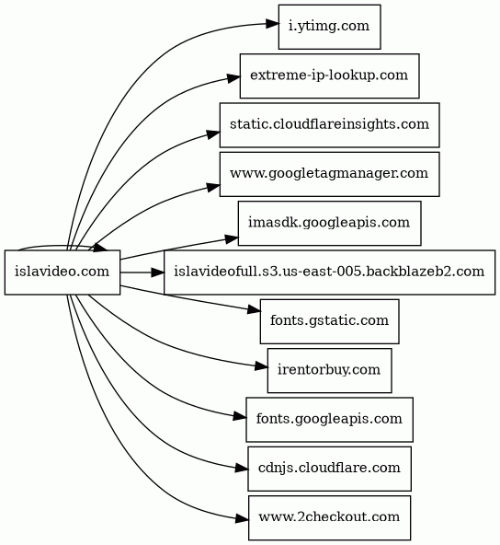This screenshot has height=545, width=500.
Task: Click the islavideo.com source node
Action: point(62,272)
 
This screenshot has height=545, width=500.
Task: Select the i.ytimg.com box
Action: point(329,27)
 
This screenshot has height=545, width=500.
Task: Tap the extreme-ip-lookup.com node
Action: point(329,75)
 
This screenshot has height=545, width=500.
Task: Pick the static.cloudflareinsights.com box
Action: point(329,125)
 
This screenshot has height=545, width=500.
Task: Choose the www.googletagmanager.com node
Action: point(329,174)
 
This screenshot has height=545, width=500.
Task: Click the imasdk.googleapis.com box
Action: point(329,223)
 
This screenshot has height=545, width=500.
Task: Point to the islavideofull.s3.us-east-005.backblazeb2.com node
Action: point(329,272)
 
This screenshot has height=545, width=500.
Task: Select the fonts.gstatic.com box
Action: point(329,321)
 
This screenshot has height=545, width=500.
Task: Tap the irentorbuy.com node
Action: point(329,370)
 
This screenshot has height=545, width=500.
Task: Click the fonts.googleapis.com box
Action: point(329,420)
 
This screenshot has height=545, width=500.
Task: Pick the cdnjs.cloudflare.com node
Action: point(329,469)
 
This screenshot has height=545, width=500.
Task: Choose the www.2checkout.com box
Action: point(329,518)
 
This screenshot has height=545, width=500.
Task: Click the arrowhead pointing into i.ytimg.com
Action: point(272,24)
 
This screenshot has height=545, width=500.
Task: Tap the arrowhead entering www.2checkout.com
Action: point(243,519)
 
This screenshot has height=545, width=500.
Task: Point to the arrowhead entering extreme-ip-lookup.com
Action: point(233,78)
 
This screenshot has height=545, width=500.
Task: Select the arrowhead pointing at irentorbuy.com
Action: point(262,366)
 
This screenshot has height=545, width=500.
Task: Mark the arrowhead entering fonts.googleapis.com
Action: point(240,416)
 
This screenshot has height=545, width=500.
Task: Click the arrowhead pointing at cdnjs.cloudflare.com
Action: point(242,468)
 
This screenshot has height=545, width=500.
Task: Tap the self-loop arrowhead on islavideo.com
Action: point(98,248)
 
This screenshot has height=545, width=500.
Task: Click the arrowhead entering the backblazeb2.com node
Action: point(157,272)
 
